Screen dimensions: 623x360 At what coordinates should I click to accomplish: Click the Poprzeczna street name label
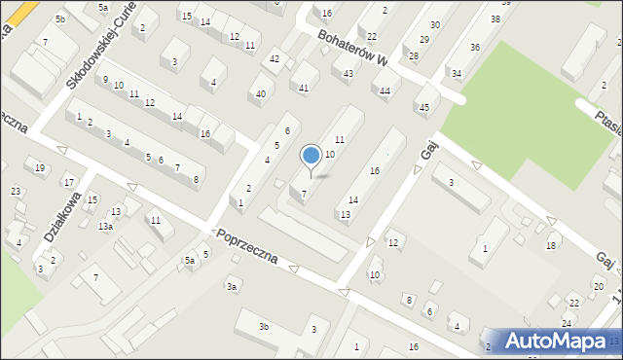[x=248, y=247]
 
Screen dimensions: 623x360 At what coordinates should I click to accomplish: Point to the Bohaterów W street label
[x=351, y=49]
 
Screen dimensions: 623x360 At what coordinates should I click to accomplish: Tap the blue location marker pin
[x=311, y=157]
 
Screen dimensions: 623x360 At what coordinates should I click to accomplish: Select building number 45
[x=423, y=108]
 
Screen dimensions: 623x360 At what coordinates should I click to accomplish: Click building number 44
[x=385, y=91]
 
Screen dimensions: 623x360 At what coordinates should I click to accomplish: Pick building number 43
[x=348, y=74]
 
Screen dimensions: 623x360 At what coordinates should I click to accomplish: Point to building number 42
[x=275, y=59]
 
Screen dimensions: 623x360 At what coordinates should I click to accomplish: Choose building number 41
[x=304, y=89]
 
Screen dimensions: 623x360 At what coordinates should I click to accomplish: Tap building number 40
[x=260, y=93]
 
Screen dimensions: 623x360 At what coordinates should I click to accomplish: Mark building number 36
[x=474, y=47]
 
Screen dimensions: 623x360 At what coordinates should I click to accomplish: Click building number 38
[x=495, y=18]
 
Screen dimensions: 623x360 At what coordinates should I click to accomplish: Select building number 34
[x=456, y=73]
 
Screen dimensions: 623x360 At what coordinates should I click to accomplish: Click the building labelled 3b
[x=264, y=327]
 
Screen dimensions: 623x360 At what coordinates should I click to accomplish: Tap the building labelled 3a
[x=232, y=286]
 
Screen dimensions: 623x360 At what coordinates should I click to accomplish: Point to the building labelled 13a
[x=104, y=226]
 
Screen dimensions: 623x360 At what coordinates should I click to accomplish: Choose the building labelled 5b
[x=60, y=18]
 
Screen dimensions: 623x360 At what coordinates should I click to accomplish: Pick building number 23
[x=17, y=191]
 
